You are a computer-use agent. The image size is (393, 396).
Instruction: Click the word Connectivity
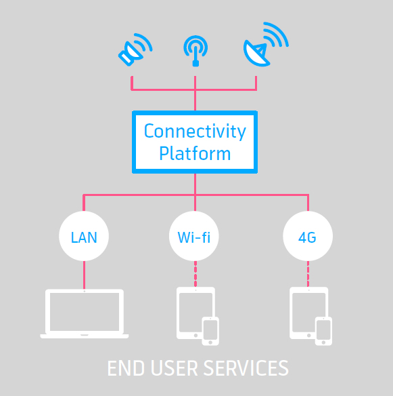click(195, 131)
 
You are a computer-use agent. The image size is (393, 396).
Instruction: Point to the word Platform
click(195, 153)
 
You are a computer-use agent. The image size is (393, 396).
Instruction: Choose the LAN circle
click(84, 236)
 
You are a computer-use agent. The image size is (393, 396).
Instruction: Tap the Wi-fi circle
click(194, 236)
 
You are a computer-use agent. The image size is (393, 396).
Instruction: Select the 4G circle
click(308, 236)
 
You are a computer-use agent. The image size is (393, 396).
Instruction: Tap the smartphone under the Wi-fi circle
click(210, 331)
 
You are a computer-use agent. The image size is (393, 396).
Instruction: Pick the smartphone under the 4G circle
click(323, 331)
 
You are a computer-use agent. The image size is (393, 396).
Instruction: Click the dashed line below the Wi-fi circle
click(195, 274)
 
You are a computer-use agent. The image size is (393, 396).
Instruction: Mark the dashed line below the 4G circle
click(308, 274)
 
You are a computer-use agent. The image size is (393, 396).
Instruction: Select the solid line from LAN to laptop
click(84, 275)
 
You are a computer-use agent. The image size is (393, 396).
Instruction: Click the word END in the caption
click(126, 368)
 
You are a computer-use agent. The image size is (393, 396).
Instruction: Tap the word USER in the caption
click(175, 368)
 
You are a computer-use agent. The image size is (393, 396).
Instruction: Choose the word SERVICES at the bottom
click(246, 368)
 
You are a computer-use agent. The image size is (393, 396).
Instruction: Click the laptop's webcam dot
click(85, 291)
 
